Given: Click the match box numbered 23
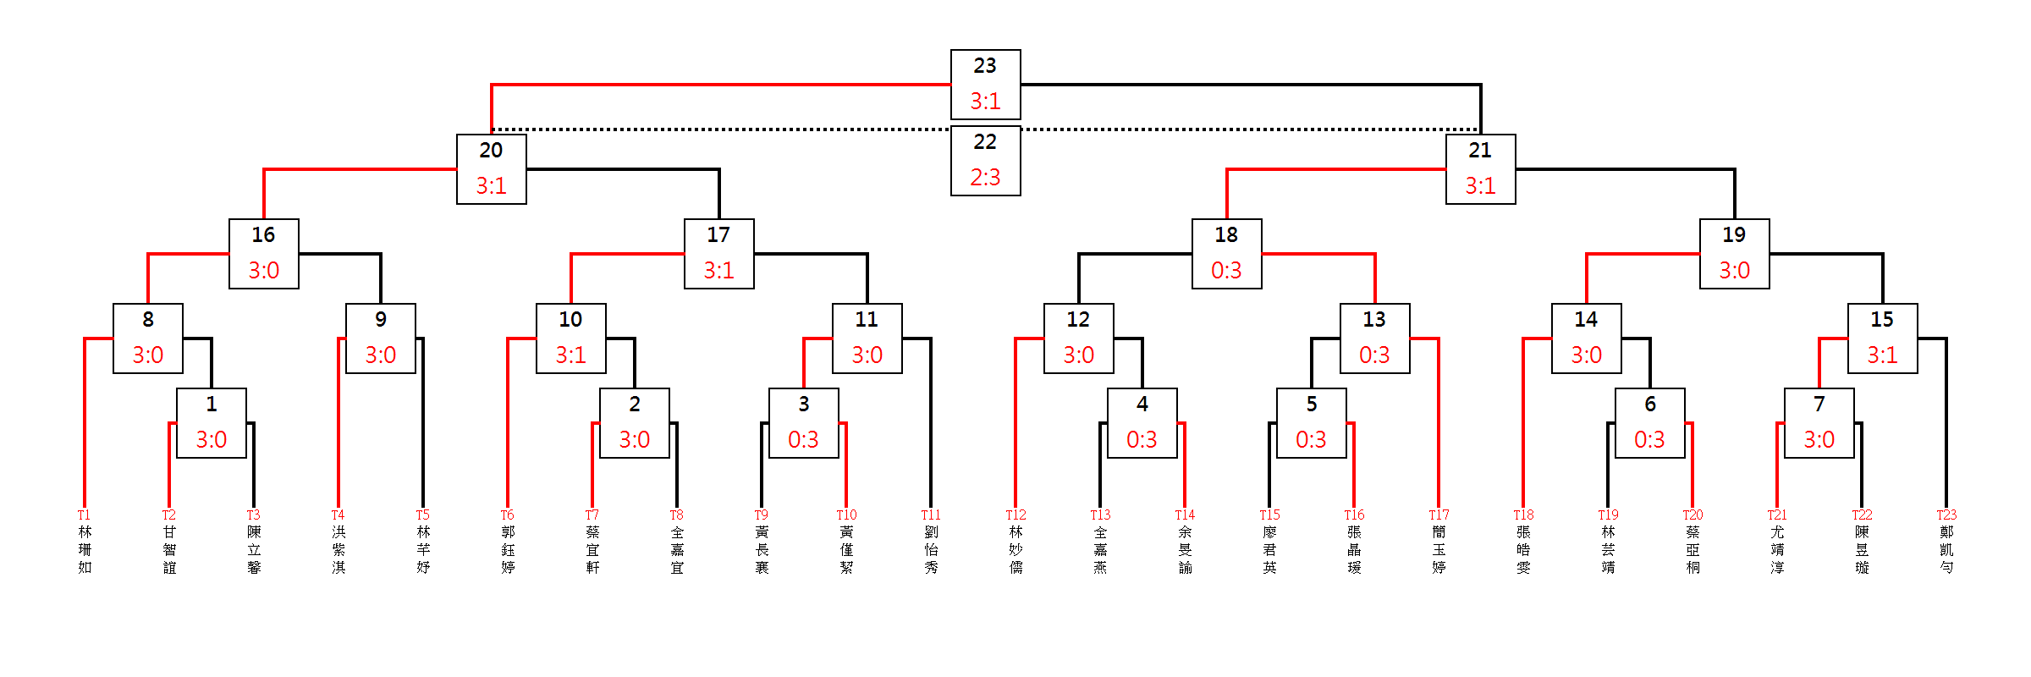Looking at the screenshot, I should pos(985,85).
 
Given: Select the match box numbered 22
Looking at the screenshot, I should pos(985,161).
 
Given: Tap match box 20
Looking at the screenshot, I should pos(491,169).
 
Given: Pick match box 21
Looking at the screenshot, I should pos(1480,169).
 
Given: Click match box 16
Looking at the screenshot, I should pos(263,254).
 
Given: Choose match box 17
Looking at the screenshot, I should pos(718,254).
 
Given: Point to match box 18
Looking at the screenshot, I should pos(1226,254).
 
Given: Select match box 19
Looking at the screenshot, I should pos(1734,254).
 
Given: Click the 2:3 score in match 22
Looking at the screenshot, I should pos(985,178).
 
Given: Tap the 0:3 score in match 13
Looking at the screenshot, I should pos(1374,355).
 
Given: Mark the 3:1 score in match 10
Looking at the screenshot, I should pos(570,355).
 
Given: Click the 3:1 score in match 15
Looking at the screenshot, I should pos(1882,355).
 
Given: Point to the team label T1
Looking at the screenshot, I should pos(84,515).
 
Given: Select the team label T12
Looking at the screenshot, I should pos(1015,515).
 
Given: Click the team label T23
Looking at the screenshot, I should pos(1946,515).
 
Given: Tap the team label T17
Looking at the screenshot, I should pos(1439,515).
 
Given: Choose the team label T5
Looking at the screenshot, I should pos(422,515).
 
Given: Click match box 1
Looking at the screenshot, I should pos(211,423).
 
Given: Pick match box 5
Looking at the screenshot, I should pos(1311,423).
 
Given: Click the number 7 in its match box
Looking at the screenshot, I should pos(1819,405).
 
